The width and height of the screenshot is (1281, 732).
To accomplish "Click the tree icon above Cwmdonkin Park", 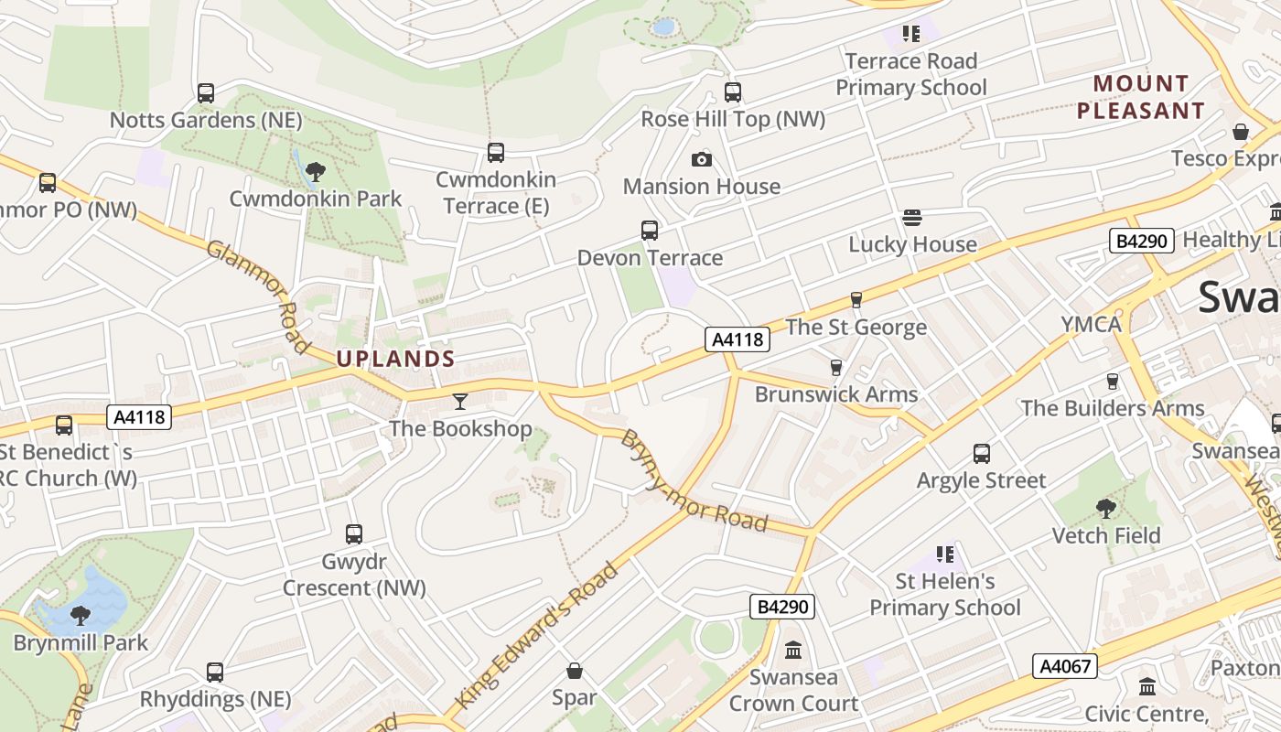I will pyautogui.click(x=316, y=171).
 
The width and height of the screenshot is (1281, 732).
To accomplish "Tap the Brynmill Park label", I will pyautogui.click(x=81, y=642).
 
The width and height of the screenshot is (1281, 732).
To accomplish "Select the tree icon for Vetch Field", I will pyautogui.click(x=1106, y=508).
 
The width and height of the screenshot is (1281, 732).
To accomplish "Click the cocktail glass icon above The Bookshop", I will pyautogui.click(x=460, y=401).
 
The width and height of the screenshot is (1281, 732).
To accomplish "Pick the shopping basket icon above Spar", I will pyautogui.click(x=575, y=671).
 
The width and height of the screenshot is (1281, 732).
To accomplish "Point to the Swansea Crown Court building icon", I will pyautogui.click(x=793, y=651).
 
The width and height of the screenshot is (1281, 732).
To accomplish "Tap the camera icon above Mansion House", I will pyautogui.click(x=702, y=159).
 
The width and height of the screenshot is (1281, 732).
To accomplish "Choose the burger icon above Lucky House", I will pyautogui.click(x=912, y=217).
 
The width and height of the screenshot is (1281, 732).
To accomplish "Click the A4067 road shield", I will pyautogui.click(x=1066, y=666).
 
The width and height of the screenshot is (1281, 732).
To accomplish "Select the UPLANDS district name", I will pyautogui.click(x=395, y=359).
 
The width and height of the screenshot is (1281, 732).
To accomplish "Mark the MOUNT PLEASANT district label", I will pyautogui.click(x=1140, y=97).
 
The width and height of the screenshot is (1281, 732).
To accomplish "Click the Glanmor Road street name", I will pyautogui.click(x=258, y=296).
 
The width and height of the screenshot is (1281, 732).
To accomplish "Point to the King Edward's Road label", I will pyautogui.click(x=537, y=637).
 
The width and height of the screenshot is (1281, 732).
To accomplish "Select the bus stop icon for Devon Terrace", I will pyautogui.click(x=650, y=231).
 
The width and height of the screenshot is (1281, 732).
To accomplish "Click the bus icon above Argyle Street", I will pyautogui.click(x=982, y=454).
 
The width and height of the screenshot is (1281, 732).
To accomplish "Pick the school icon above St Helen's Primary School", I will pyautogui.click(x=945, y=554).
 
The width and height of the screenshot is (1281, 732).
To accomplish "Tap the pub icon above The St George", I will pyautogui.click(x=856, y=299).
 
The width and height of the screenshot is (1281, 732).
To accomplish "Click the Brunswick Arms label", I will pyautogui.click(x=836, y=394).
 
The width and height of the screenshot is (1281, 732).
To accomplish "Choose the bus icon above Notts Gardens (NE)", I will pyautogui.click(x=206, y=93).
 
